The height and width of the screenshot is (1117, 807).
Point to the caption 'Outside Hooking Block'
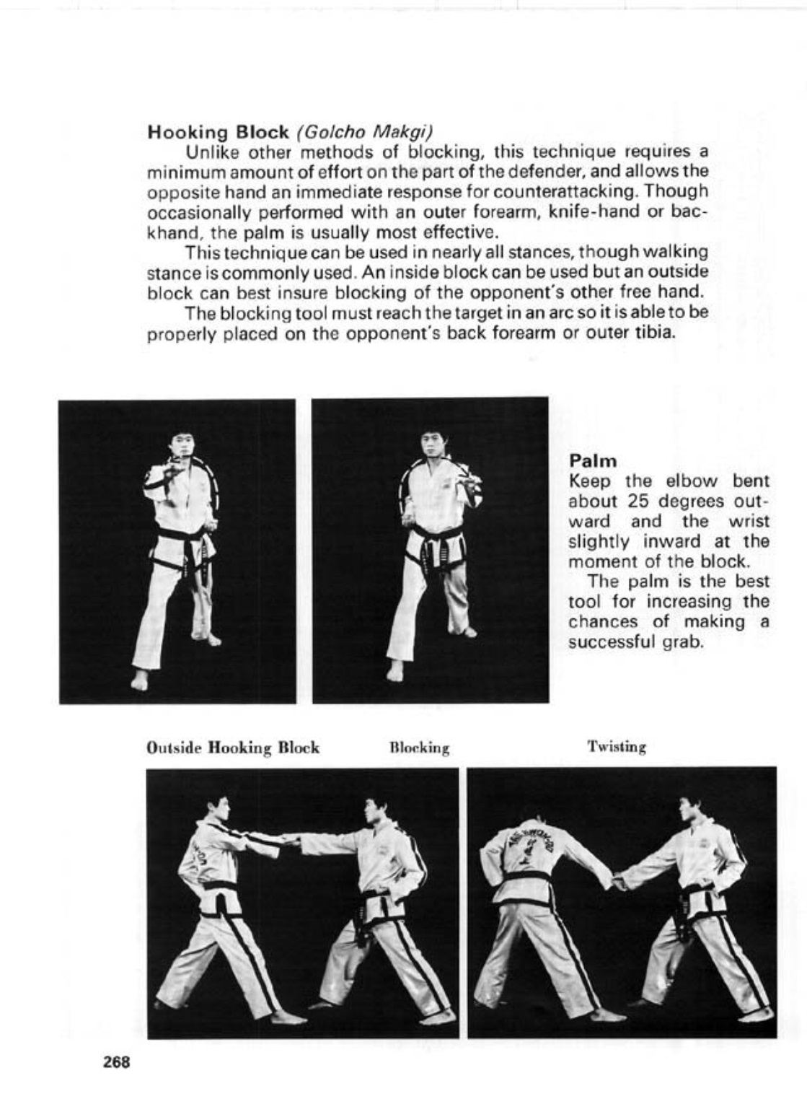click(232, 748)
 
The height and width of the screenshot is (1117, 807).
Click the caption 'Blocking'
click(419, 748)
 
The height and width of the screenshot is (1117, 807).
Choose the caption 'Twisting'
click(617, 747)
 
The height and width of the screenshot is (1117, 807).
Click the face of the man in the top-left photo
click(181, 447)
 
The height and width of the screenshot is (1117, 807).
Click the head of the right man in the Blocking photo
click(375, 813)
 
